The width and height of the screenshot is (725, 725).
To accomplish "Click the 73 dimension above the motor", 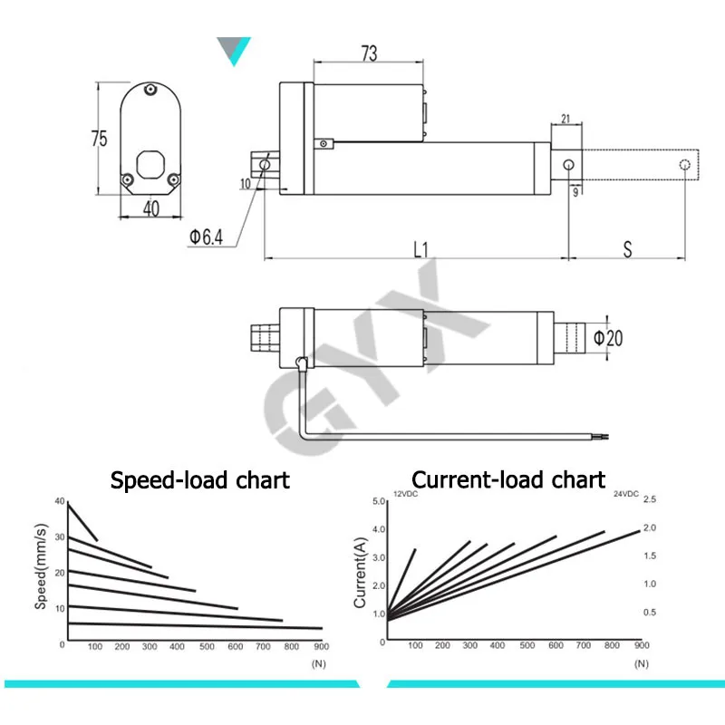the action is tap(369, 53).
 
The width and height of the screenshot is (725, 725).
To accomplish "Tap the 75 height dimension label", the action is tap(99, 139).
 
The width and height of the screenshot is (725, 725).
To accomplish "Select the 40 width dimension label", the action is tap(151, 208).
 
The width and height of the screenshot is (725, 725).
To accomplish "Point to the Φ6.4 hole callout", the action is tap(207, 237).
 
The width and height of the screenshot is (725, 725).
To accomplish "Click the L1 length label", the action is tap(420, 250).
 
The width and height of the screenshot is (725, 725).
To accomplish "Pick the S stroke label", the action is tap(627, 249).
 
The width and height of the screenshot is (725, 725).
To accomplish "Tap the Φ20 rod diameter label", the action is tap(608, 338).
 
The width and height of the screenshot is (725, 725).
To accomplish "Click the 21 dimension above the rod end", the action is tap(565, 119).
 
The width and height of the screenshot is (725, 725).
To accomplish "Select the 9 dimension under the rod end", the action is tap(575, 192).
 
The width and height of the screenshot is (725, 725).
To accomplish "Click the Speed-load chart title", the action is tap(199, 480).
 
